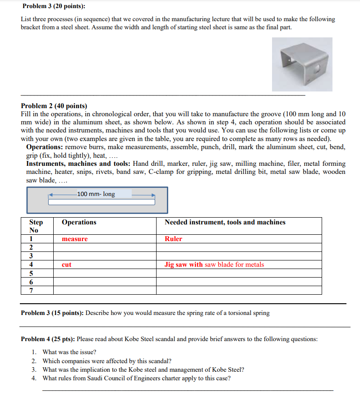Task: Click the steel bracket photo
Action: tap(302, 64)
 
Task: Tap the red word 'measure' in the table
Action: tap(74, 239)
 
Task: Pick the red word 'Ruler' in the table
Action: tap(173, 239)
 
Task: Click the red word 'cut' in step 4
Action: tap(66, 265)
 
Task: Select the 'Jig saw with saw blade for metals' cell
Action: tap(214, 265)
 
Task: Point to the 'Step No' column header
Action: tap(36, 226)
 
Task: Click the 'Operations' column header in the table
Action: tap(79, 222)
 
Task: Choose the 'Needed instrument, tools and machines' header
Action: tap(225, 222)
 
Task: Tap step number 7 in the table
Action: tap(31, 290)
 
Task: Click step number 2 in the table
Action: tap(31, 247)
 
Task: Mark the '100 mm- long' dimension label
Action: tap(96, 194)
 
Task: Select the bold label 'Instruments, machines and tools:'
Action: tap(78, 164)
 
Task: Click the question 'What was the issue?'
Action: tap(69, 352)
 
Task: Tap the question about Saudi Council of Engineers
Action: tap(136, 378)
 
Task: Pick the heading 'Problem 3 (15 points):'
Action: tap(52, 313)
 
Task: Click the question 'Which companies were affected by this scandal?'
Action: tap(107, 361)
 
